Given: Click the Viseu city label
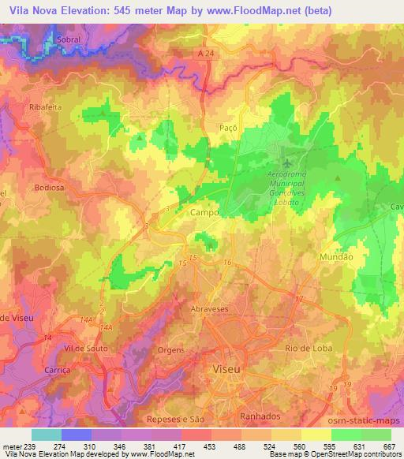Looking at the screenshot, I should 230,369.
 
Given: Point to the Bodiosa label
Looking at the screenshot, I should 48,188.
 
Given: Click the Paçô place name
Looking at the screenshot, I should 226,126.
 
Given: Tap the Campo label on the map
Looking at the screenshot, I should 204,213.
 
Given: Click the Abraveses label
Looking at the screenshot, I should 210,310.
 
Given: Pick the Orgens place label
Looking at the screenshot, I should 172,351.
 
